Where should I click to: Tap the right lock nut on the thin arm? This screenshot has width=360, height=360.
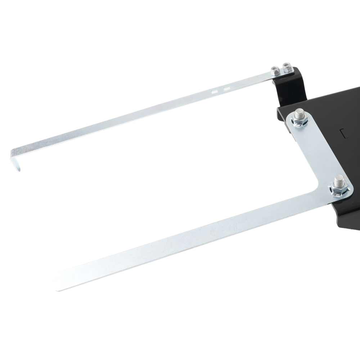287,67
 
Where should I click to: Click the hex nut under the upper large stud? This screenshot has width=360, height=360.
300,122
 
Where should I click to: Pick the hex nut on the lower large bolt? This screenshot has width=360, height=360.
338,189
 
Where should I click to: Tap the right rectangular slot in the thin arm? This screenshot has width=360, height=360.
226,89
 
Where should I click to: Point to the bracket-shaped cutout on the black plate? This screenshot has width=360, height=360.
345,134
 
